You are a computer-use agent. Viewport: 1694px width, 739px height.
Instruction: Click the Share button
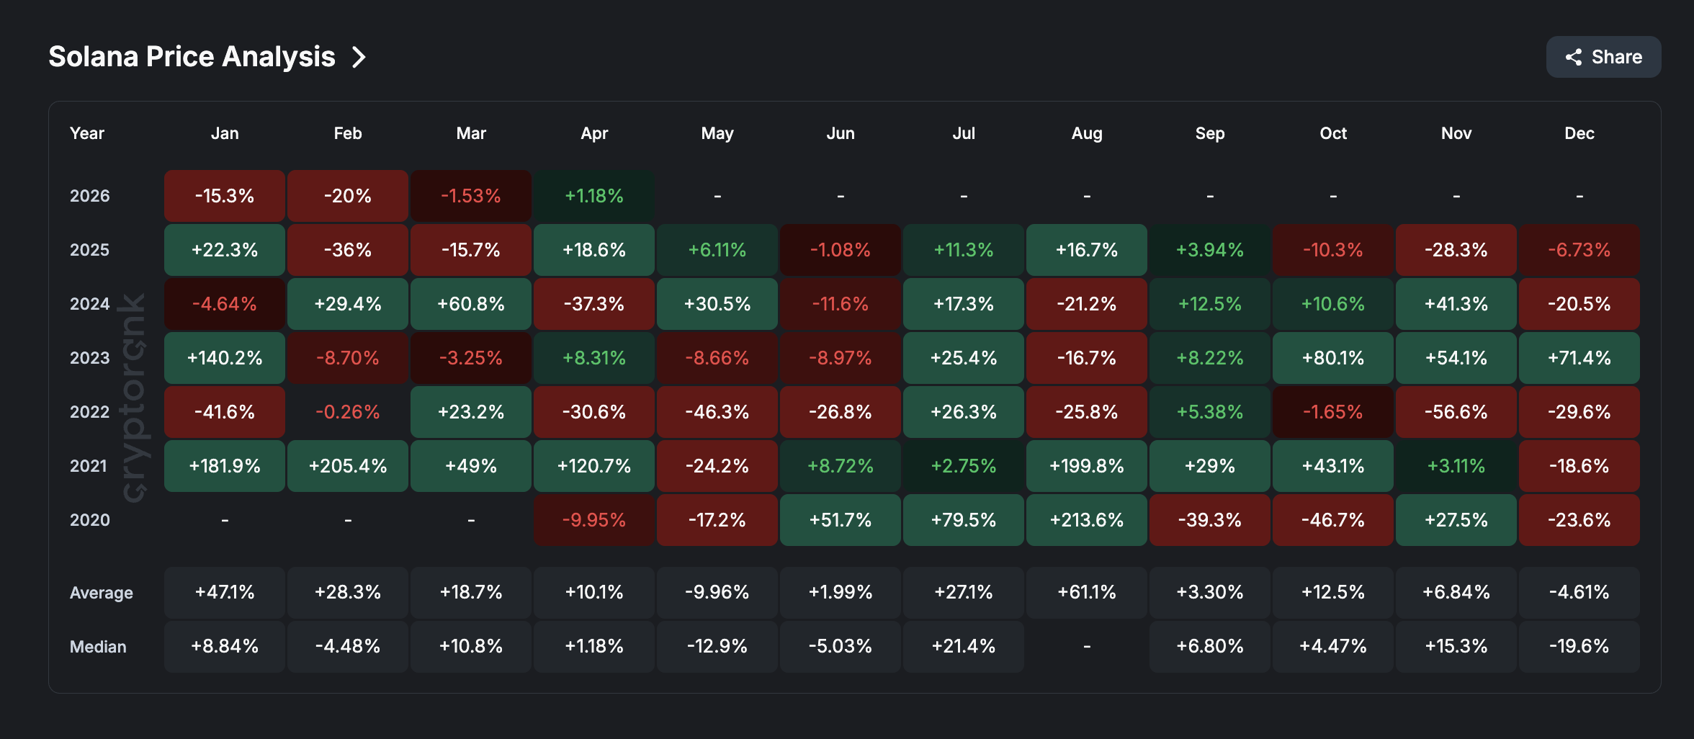click(1603, 57)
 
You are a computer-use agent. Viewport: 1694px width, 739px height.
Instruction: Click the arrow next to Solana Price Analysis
click(359, 57)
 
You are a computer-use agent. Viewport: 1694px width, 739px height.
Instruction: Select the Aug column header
click(1086, 133)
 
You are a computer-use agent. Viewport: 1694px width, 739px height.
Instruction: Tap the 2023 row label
click(89, 358)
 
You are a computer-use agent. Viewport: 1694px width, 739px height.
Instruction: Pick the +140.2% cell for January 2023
click(225, 358)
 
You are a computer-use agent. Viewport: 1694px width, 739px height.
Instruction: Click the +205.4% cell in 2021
click(348, 466)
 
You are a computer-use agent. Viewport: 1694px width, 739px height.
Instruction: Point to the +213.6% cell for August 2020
click(1086, 520)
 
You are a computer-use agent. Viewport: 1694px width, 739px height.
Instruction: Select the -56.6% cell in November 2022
click(1456, 412)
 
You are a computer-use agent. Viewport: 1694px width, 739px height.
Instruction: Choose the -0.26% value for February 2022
click(348, 412)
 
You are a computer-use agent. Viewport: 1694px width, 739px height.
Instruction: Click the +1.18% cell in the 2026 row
click(594, 196)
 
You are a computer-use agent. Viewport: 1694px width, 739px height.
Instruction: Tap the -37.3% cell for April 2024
click(594, 304)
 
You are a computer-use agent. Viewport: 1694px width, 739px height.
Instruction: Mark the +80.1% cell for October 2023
click(1332, 358)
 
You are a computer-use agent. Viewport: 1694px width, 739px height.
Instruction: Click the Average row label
click(102, 593)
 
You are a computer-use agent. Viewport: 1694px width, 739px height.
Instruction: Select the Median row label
click(98, 647)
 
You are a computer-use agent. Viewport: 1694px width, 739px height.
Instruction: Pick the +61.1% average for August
click(1086, 593)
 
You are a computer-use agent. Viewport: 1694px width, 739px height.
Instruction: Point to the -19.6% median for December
click(1579, 647)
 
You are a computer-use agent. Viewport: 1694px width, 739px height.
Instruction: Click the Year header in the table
click(87, 133)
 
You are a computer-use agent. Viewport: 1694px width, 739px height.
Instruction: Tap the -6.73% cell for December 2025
click(1579, 250)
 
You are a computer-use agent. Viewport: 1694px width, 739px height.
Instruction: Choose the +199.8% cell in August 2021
click(1086, 466)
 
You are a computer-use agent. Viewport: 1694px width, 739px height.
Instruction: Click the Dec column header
click(1579, 133)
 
